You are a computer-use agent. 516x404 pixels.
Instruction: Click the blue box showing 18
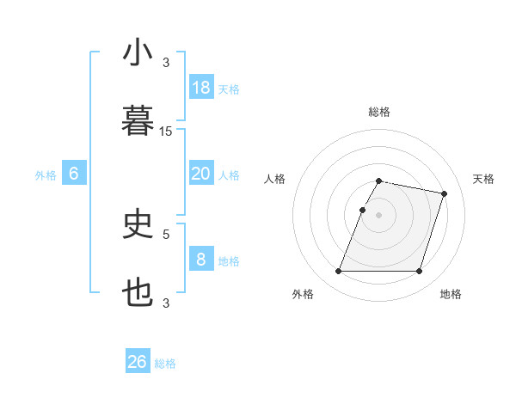[201, 88]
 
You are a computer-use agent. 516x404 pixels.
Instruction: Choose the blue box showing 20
[201, 174]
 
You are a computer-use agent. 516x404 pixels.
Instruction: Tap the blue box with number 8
[201, 260]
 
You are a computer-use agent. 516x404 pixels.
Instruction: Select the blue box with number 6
[74, 174]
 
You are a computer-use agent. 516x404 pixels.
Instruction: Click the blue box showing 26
[138, 362]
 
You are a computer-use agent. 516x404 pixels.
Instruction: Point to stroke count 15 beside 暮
[166, 131]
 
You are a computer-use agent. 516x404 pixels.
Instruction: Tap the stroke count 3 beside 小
[166, 62]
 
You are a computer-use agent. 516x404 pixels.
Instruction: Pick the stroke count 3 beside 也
[166, 303]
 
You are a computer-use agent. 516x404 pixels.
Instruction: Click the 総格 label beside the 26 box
[165, 364]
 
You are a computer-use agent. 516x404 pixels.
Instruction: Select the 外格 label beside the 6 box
[46, 175]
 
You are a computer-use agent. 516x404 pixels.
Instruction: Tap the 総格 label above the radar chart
[379, 112]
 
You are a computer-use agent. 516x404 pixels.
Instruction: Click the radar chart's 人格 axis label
[275, 179]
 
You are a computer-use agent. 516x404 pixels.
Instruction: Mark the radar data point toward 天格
[444, 194]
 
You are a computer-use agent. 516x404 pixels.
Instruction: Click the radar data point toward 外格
[339, 272]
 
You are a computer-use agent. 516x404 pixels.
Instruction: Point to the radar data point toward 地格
[419, 272]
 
